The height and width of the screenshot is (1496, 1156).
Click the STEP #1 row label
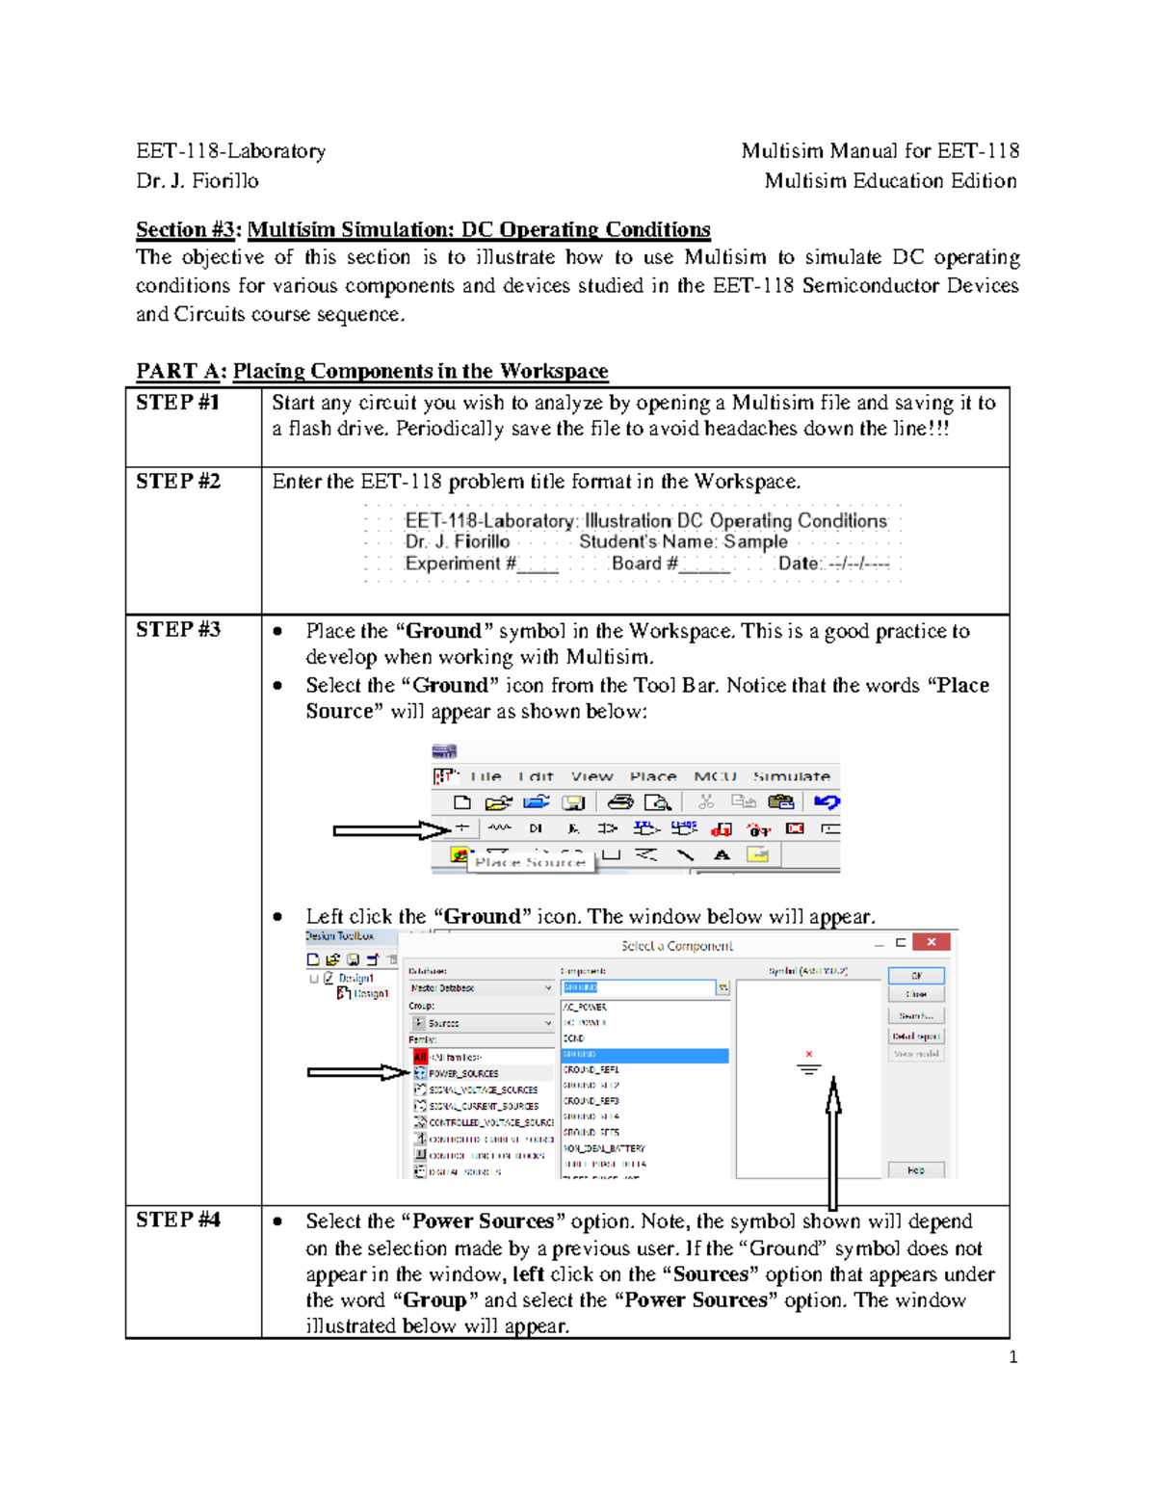(178, 403)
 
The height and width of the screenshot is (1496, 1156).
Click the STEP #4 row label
(178, 1220)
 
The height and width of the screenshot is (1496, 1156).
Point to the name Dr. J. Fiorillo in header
(197, 180)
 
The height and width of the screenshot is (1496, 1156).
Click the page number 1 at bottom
(1012, 1356)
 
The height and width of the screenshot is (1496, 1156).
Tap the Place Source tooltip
(530, 862)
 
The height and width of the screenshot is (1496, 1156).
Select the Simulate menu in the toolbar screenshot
(791, 776)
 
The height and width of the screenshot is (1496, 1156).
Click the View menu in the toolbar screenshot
(591, 776)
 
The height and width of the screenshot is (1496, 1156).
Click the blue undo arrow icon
(827, 801)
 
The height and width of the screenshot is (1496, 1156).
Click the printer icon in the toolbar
(619, 801)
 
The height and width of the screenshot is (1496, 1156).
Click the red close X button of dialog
(931, 942)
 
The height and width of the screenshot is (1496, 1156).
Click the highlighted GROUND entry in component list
(644, 1055)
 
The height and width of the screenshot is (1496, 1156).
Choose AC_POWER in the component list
(586, 1007)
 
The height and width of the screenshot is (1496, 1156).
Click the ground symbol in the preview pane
(809, 1067)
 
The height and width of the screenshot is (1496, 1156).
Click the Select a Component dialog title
(676, 946)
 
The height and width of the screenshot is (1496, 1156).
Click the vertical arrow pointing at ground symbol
(833, 1142)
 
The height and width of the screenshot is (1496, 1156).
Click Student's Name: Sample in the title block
(683, 541)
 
